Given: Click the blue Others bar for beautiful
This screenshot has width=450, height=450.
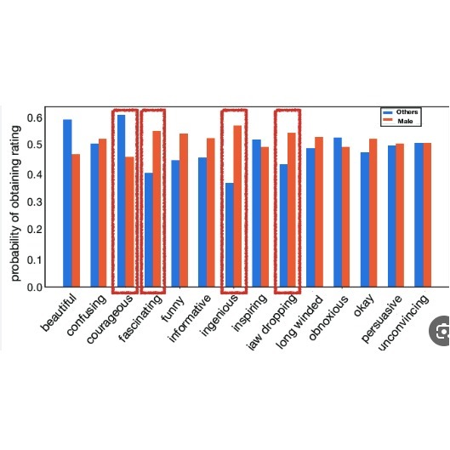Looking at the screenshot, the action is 67,203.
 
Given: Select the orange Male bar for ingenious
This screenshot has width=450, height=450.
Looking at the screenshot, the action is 237,206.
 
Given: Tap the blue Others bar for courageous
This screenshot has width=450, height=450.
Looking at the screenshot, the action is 122,201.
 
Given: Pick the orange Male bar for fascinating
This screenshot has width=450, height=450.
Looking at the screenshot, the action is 157,208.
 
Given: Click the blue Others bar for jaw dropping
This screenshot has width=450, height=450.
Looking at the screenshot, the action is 283,225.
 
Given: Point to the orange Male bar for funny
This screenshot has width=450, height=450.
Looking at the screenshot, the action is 184,210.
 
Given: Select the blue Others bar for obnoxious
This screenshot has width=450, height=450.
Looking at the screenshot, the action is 338,212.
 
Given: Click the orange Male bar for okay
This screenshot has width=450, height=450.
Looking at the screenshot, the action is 373,213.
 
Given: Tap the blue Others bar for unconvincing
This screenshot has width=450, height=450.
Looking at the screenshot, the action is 419,214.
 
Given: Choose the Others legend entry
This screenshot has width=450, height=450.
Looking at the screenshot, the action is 401,112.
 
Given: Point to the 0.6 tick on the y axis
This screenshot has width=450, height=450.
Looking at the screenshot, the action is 35,117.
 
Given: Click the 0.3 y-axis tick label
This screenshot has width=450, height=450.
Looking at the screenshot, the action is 35,202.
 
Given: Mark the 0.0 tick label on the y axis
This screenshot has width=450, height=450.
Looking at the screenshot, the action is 35,287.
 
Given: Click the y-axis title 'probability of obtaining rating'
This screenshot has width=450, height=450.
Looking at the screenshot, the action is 15,203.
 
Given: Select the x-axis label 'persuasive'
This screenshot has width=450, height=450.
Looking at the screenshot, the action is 382,318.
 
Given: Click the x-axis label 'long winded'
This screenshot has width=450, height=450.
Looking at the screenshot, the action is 300,322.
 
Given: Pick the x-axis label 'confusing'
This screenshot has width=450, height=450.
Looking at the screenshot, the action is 87,315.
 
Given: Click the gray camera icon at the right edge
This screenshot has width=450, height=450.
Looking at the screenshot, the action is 440,331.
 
